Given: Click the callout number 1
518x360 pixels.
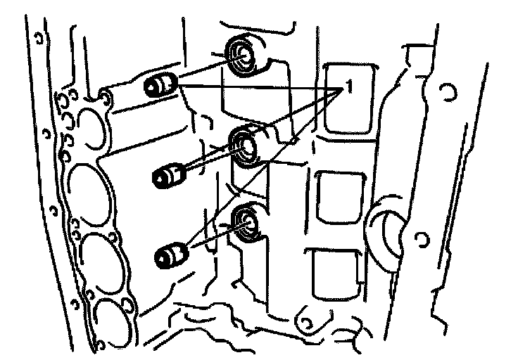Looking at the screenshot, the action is pyautogui.click(x=347, y=88).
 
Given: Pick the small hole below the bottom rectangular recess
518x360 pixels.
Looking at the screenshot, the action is pyautogui.click(x=306, y=321).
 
